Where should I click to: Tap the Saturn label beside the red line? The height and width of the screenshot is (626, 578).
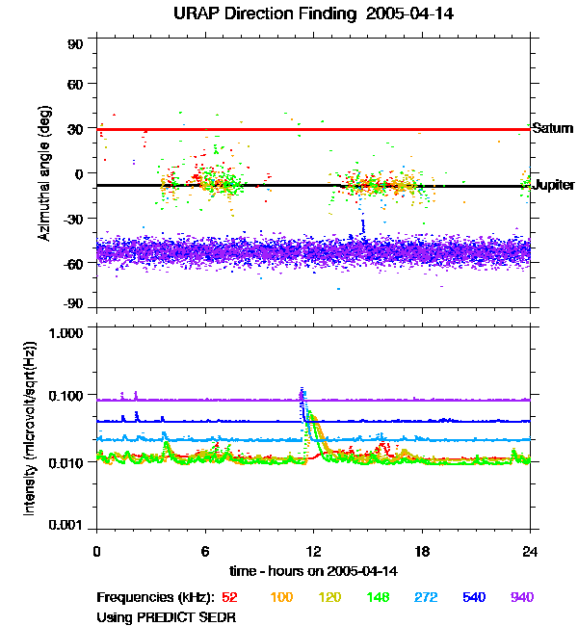552,128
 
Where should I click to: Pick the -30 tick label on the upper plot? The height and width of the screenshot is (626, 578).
73,219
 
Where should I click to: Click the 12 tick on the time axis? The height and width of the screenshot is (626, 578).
313,551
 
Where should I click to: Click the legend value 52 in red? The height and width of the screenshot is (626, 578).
229,597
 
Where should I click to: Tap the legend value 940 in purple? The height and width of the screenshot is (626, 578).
521,597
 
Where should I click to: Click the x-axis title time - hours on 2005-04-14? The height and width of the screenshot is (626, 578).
313,571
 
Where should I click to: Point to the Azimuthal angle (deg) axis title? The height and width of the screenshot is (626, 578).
43,173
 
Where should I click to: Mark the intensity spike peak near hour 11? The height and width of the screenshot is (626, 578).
302,390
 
